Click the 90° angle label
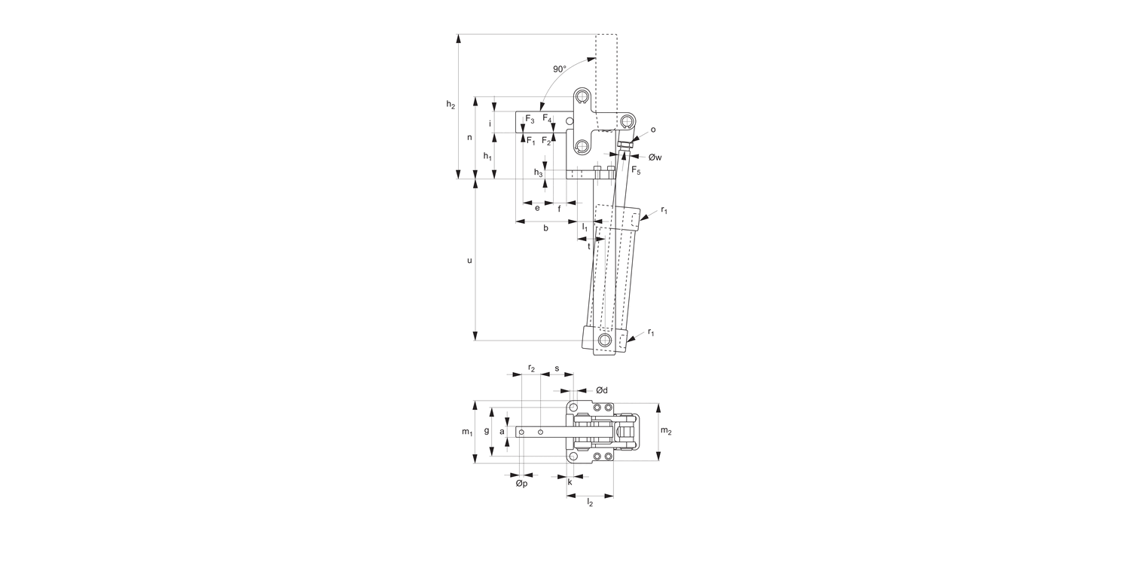[x=559, y=69]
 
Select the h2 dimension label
[x=450, y=105]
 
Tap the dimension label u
[x=469, y=261]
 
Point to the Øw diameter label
[x=653, y=157]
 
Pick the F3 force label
[x=530, y=119]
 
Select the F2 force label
[x=547, y=141]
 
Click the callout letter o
[x=652, y=130]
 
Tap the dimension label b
[x=545, y=228]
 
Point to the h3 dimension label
[x=539, y=173]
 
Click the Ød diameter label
[x=601, y=389]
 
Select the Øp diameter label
[x=521, y=484]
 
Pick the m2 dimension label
[x=666, y=430]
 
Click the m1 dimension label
[x=467, y=432]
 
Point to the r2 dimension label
[x=531, y=368]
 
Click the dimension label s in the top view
[x=557, y=368]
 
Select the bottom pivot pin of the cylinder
[x=604, y=340]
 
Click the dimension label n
[x=469, y=137]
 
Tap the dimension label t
[x=589, y=246]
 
